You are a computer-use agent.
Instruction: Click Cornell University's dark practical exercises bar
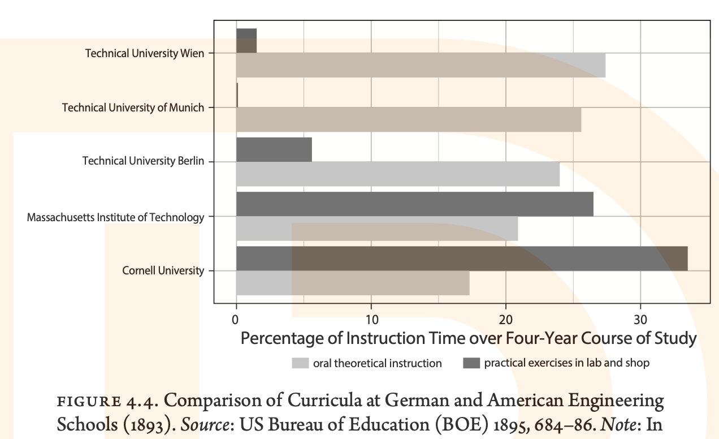(461, 259)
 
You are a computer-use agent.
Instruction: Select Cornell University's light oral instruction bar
(352, 283)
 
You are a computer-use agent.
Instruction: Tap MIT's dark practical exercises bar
(414, 204)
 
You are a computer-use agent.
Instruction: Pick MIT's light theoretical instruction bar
(376, 229)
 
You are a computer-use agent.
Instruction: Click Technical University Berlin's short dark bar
(274, 149)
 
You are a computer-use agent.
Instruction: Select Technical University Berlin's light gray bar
(397, 174)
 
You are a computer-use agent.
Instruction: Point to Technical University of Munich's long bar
(408, 119)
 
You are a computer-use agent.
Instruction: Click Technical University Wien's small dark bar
(246, 40)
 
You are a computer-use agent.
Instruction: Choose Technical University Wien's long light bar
(421, 65)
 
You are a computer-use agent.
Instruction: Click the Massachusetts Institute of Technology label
(115, 217)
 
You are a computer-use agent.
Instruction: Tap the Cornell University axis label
(163, 271)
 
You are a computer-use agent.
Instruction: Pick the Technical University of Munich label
(133, 107)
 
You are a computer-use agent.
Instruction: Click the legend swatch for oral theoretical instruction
(300, 363)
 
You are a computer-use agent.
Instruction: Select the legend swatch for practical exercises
(471, 363)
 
